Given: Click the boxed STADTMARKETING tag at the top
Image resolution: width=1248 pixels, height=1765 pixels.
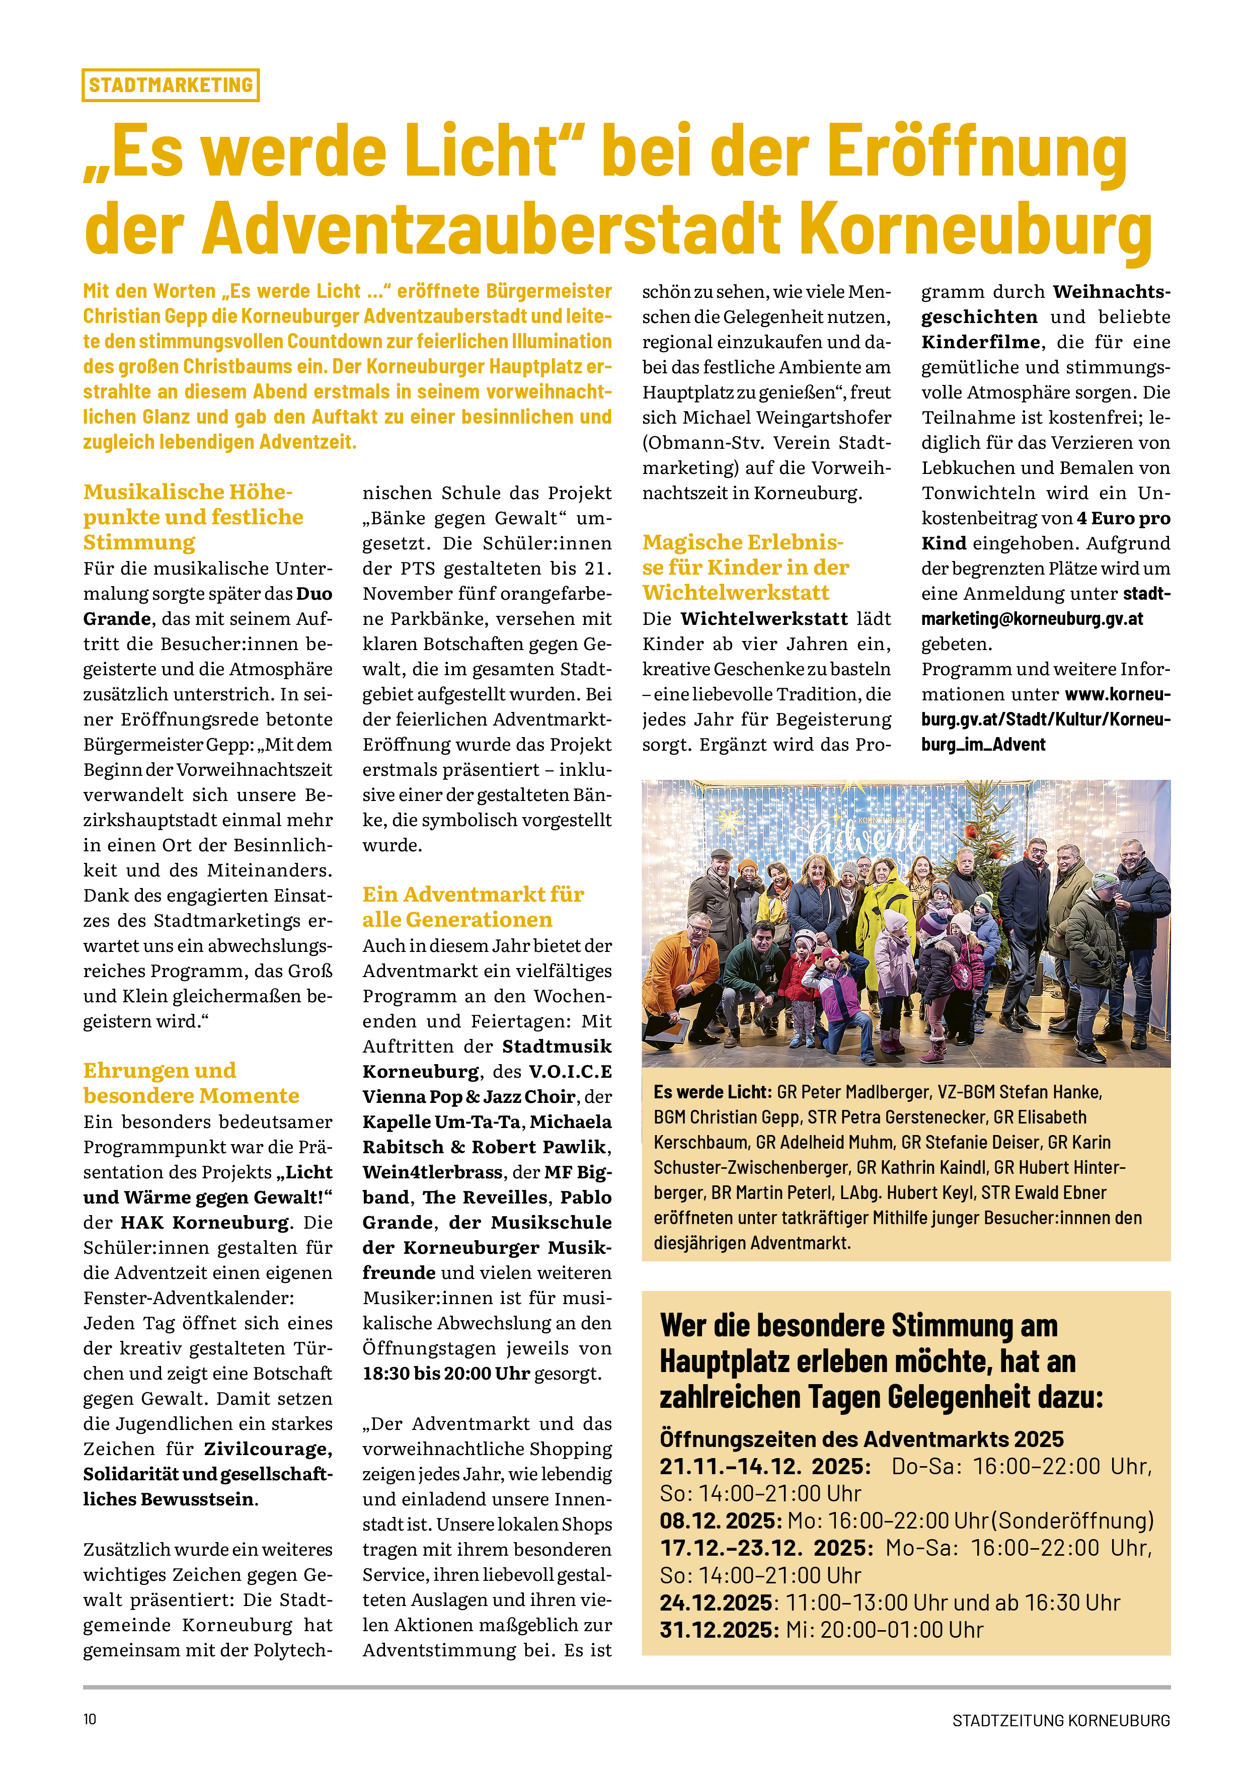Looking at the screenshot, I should (170, 85).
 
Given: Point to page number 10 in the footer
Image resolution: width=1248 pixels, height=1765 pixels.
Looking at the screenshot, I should (90, 1719).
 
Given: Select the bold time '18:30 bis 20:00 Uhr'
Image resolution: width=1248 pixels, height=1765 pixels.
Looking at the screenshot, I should (446, 1373).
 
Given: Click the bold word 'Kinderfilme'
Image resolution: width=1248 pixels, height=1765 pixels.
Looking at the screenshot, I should (980, 342).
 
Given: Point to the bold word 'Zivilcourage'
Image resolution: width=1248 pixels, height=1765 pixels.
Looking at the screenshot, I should (268, 1449).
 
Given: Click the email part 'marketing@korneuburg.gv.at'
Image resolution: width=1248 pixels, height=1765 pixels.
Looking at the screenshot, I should (1032, 619).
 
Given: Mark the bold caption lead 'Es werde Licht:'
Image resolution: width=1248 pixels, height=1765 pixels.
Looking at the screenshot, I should (711, 1092).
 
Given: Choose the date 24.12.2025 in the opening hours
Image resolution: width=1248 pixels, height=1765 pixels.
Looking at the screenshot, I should (715, 1603).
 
